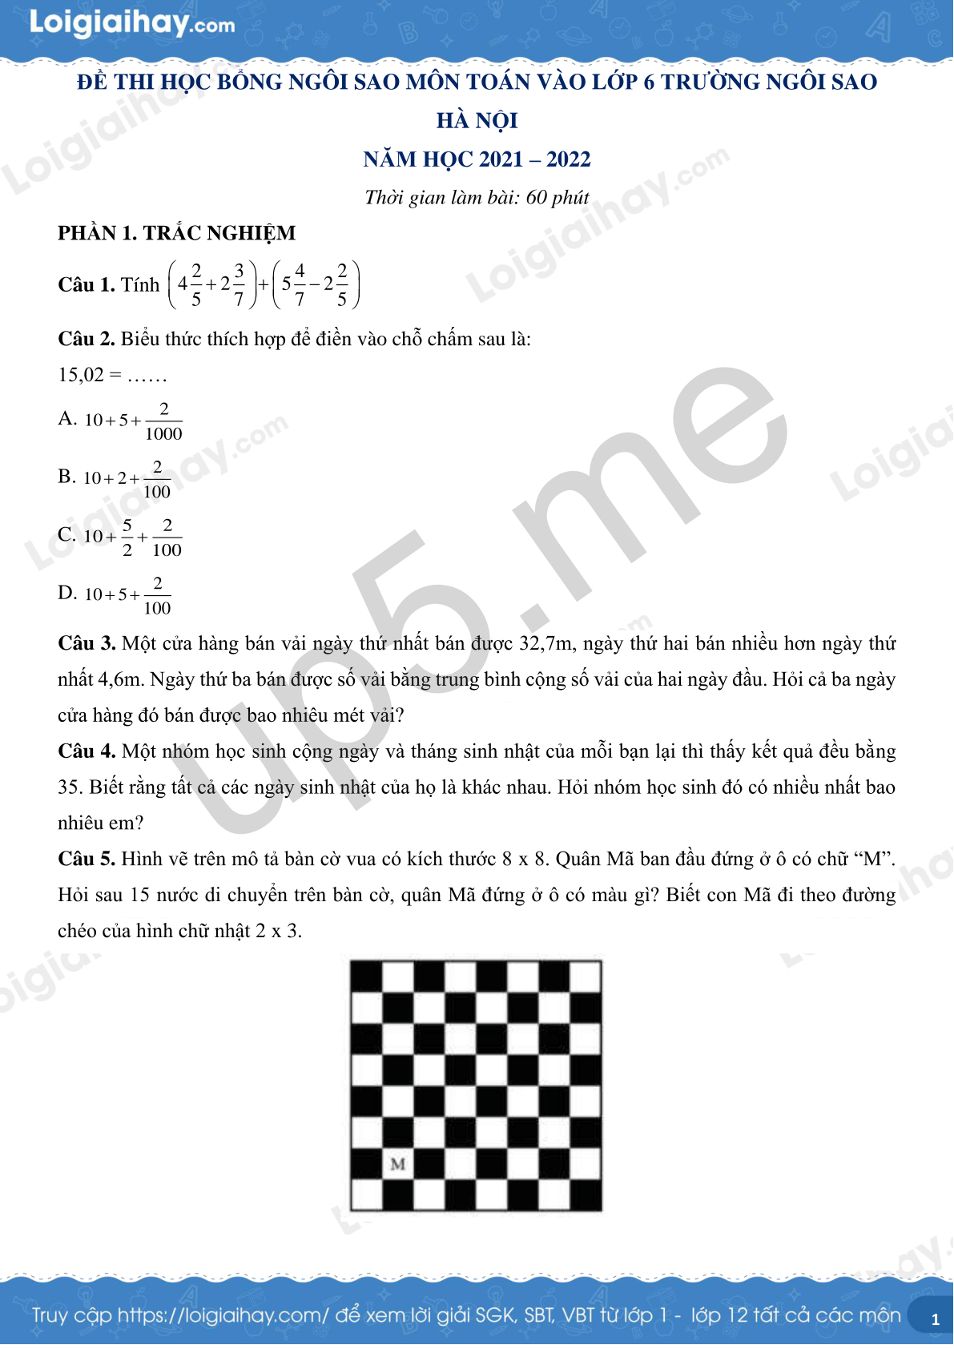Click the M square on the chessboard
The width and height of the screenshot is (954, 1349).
coord(398,1163)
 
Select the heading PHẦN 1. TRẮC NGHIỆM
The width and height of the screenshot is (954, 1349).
coord(176,233)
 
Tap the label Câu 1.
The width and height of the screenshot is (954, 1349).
coord(87,285)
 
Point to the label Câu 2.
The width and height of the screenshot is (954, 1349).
coord(87,339)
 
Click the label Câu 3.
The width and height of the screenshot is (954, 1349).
coord(87,643)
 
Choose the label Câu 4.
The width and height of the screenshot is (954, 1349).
coord(87,751)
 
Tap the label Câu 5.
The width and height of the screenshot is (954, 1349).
coord(87,859)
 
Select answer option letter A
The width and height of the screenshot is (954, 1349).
coord(66,418)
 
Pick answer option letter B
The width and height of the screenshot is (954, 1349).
coord(66,477)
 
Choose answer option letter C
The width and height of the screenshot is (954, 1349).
coord(66,534)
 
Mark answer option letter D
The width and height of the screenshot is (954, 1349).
coord(66,593)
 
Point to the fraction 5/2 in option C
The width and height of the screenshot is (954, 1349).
coord(127,538)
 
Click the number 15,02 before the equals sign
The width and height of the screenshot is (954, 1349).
coord(81,375)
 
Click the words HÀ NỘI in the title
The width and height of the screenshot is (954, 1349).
coord(477,121)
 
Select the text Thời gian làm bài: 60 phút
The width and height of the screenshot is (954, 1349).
coord(477,197)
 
